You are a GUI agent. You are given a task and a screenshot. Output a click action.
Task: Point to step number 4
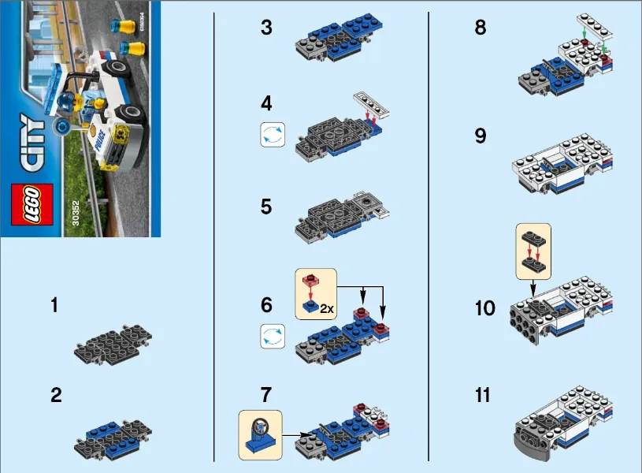(x=266, y=104)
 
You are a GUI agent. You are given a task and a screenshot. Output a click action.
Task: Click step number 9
(x=481, y=136)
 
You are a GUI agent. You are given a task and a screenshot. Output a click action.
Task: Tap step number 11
(x=482, y=394)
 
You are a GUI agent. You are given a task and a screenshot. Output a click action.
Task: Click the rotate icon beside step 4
(x=271, y=135)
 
